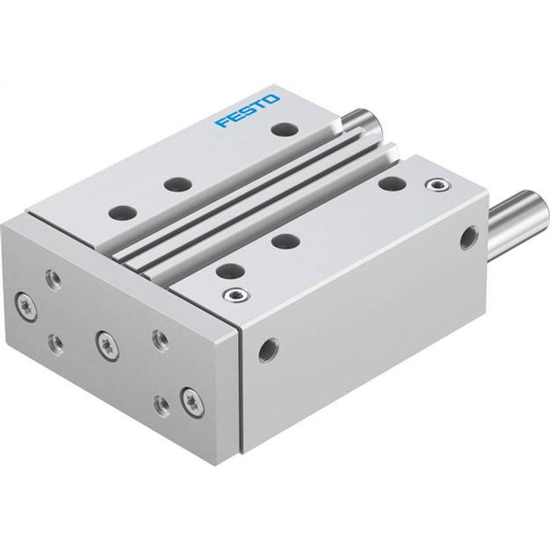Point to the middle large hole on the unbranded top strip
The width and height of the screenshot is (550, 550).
coord(285,240)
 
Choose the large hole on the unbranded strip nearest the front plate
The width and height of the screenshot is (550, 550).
coord(228,269)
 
